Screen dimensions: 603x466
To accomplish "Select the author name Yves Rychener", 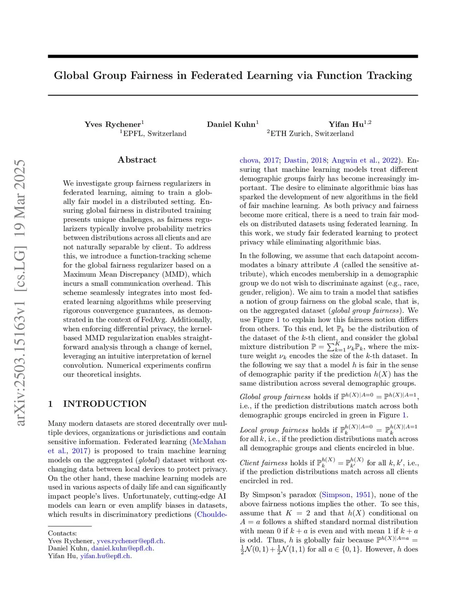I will (x=112, y=124).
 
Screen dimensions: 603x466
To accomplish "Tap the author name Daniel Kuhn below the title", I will (x=231, y=124).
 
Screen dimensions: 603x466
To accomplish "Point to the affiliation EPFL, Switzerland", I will (x=154, y=134).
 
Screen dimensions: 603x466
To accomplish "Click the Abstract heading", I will (x=137, y=160).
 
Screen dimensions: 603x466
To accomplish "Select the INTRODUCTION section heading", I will (x=105, y=404).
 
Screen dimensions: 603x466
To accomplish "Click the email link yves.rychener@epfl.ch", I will (x=130, y=541).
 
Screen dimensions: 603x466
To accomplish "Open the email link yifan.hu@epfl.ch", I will (x=105, y=556).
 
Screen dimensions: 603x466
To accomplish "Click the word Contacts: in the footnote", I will (x=62, y=533).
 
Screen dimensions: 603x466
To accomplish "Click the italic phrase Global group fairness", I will (x=275, y=397).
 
